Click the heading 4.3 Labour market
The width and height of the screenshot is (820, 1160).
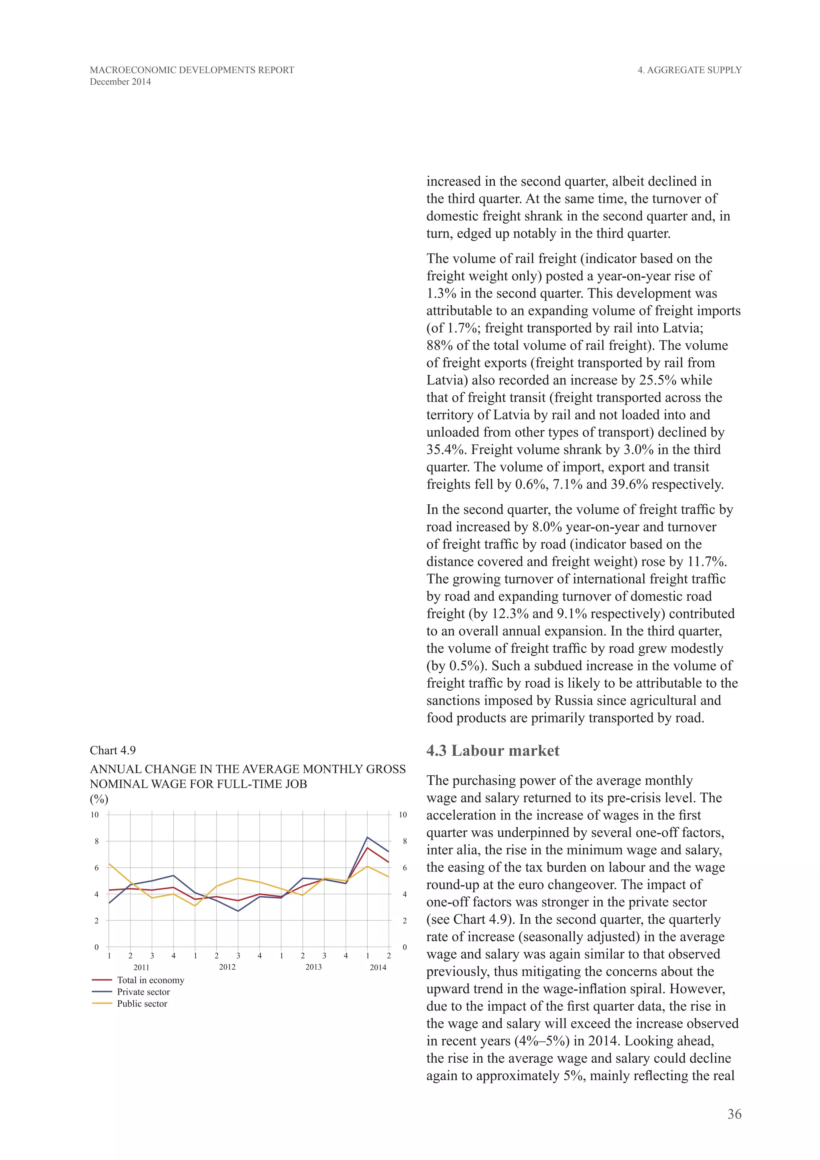click(492, 751)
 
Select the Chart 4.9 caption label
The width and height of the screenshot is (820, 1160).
click(113, 750)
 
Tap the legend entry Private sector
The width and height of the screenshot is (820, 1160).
click(143, 992)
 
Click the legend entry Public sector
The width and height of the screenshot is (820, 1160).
click(142, 1003)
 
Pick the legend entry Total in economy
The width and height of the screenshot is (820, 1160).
click(151, 980)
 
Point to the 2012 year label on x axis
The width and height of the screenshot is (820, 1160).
click(227, 967)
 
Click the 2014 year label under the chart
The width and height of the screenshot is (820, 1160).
click(378, 967)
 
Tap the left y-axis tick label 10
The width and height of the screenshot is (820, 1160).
click(95, 814)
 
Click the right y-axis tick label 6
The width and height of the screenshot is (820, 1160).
click(404, 868)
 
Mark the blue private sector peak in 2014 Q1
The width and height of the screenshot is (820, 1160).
click(367, 837)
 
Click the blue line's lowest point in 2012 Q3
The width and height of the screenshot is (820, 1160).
click(238, 911)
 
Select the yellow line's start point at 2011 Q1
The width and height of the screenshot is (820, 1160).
click(109, 864)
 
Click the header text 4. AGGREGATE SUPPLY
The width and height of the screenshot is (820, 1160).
click(689, 70)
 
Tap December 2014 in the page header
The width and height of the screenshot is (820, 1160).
click(120, 82)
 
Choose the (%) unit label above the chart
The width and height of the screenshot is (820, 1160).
click(99, 799)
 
